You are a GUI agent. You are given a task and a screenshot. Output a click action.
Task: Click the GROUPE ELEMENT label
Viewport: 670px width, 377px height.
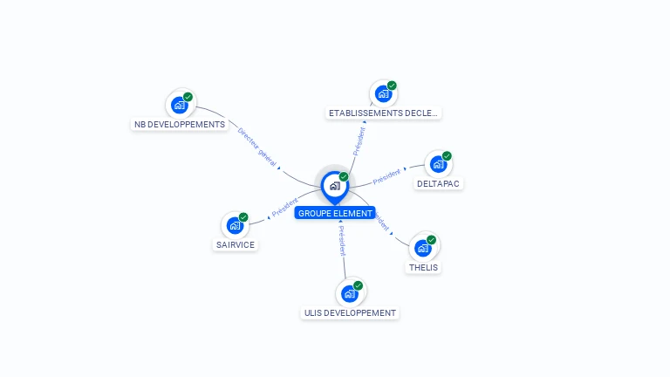tap(335, 213)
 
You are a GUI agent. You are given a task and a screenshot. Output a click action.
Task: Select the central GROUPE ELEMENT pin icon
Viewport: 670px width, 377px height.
tap(334, 185)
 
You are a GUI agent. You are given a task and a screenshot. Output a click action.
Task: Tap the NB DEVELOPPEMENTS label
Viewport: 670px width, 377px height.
tap(180, 125)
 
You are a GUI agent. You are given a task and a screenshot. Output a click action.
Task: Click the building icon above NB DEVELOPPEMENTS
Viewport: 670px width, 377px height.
tap(180, 105)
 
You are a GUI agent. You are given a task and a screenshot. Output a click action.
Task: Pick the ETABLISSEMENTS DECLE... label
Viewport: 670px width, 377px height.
tap(384, 113)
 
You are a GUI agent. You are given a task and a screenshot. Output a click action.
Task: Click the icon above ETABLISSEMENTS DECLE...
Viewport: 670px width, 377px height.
tap(383, 93)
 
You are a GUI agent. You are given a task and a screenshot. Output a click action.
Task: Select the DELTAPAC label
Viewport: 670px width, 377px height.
tap(439, 184)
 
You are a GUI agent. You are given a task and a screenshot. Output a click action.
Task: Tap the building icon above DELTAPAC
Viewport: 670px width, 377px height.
tap(438, 164)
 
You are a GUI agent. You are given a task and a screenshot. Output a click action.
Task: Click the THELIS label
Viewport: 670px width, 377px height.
tap(423, 268)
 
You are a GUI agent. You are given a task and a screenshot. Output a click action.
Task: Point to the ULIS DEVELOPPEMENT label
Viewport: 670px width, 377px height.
tap(350, 313)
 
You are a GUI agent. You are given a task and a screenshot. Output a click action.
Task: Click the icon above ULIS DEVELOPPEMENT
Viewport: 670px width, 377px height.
tap(350, 293)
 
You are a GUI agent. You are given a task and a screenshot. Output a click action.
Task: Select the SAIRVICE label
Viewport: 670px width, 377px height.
tap(236, 245)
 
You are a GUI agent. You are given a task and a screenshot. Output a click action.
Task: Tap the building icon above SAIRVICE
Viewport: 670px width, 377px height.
tap(235, 224)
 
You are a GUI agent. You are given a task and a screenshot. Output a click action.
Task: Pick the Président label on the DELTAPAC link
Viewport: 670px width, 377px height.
tap(386, 177)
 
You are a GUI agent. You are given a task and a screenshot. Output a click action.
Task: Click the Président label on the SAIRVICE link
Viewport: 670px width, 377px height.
tap(285, 208)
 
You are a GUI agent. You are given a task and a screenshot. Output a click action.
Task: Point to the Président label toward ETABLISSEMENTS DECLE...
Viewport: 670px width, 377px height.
tap(359, 141)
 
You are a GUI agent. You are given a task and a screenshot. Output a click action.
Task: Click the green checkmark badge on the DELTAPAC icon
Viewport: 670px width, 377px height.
tap(447, 156)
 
